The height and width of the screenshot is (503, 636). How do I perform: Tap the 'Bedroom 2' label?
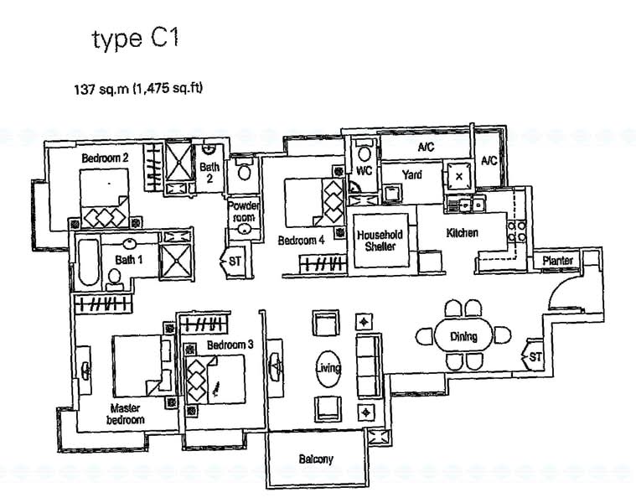coord(105,158)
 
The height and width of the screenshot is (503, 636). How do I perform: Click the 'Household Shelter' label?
coord(380,241)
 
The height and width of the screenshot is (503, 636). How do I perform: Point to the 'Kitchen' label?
coord(462,233)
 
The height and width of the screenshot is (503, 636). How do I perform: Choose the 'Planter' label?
coord(557,261)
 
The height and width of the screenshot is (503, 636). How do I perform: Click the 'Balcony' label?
coord(316,459)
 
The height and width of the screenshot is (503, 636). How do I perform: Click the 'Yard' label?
coord(411,174)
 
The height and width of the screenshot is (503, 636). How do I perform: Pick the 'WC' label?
coord(364,170)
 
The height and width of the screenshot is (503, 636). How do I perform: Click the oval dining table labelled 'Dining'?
coord(463,336)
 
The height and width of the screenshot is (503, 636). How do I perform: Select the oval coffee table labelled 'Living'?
coord(328,367)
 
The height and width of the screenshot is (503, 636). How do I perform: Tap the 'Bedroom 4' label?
coord(301,241)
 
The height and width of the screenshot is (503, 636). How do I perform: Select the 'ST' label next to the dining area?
coord(533,358)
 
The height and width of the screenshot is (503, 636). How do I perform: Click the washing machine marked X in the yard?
coord(459,177)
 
